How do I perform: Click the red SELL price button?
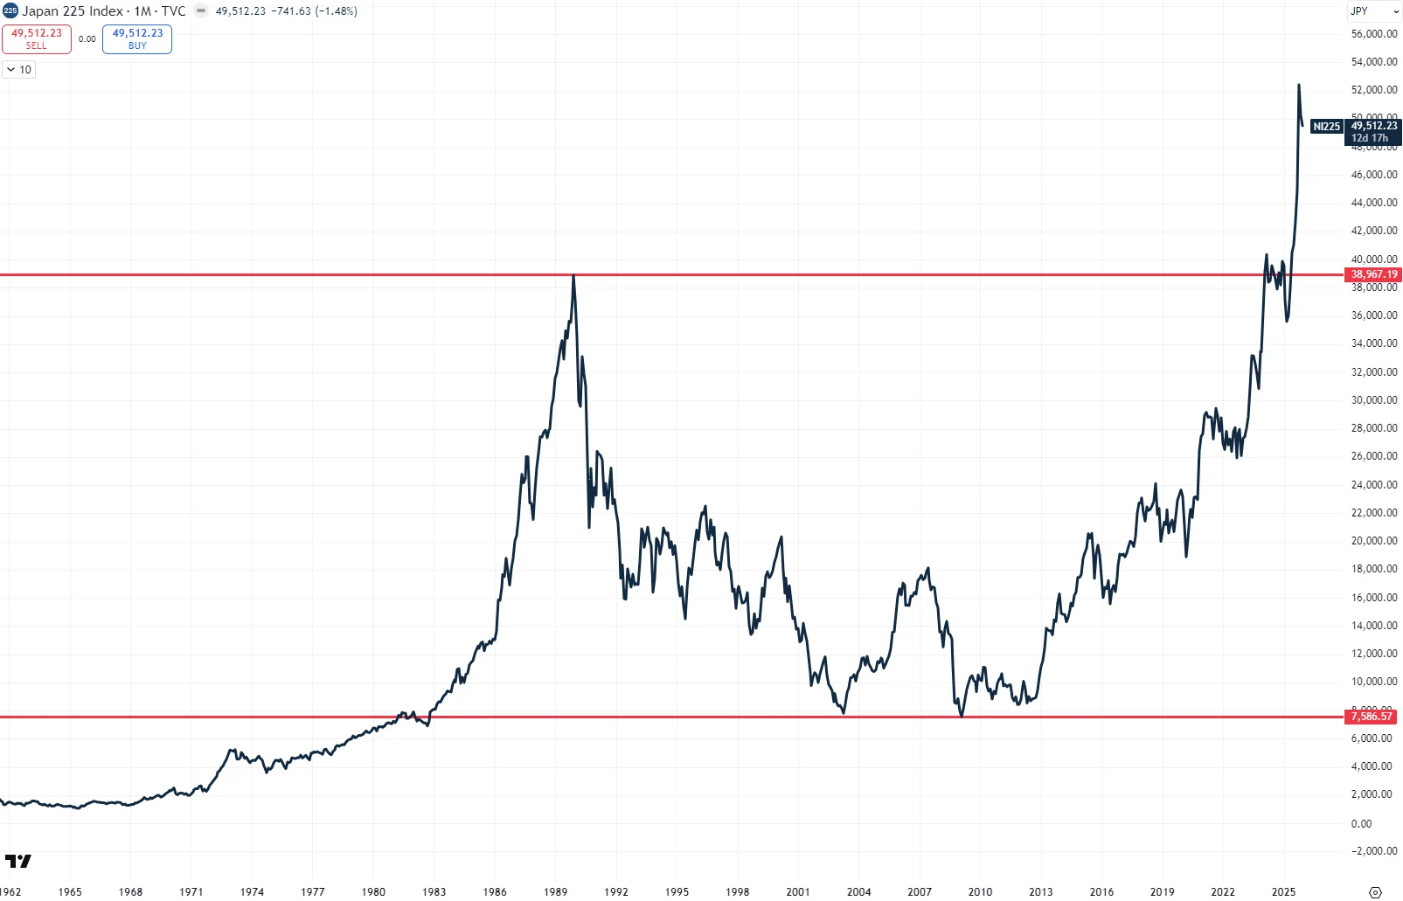[37, 38]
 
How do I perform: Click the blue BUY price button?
[137, 38]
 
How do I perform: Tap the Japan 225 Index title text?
[73, 11]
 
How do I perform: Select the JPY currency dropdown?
[1374, 11]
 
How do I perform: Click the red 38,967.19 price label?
[1373, 274]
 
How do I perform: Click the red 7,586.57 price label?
[1372, 717]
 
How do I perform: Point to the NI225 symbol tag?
[1326, 127]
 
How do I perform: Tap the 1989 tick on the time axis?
[555, 891]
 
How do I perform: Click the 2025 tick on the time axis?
[1283, 891]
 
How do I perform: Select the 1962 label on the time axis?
[10, 891]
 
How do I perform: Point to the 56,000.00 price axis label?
[1373, 34]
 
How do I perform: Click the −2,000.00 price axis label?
[1373, 851]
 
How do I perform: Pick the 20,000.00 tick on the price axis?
[1373, 541]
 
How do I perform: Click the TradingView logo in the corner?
[17, 861]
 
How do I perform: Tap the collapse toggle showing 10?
[19, 70]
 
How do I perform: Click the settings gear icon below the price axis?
[1375, 892]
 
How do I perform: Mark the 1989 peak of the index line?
[573, 276]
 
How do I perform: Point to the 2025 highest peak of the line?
[1299, 86]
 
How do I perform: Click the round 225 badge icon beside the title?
[10, 11]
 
